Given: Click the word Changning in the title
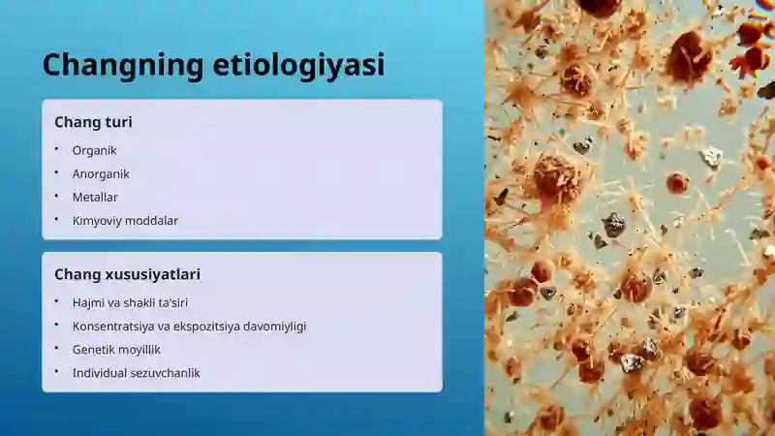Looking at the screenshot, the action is tap(123, 66).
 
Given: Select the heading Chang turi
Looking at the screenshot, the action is tap(93, 122).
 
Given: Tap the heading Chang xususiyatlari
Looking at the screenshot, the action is tap(128, 274).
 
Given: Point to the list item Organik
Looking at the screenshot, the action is tap(94, 151).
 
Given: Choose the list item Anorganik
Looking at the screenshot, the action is tap(101, 174).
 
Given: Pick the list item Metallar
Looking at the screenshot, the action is tap(95, 198).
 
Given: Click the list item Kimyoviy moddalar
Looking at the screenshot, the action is tap(125, 221).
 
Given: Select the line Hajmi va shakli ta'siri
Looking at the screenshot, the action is tap(130, 302).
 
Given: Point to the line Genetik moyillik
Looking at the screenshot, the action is tap(116, 350).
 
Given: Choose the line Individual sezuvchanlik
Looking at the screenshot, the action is tap(137, 373).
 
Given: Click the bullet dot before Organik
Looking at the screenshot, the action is tap(57, 149).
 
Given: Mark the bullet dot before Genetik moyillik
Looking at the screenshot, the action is tap(57, 348).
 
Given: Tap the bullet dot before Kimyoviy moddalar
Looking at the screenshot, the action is tap(57, 219).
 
